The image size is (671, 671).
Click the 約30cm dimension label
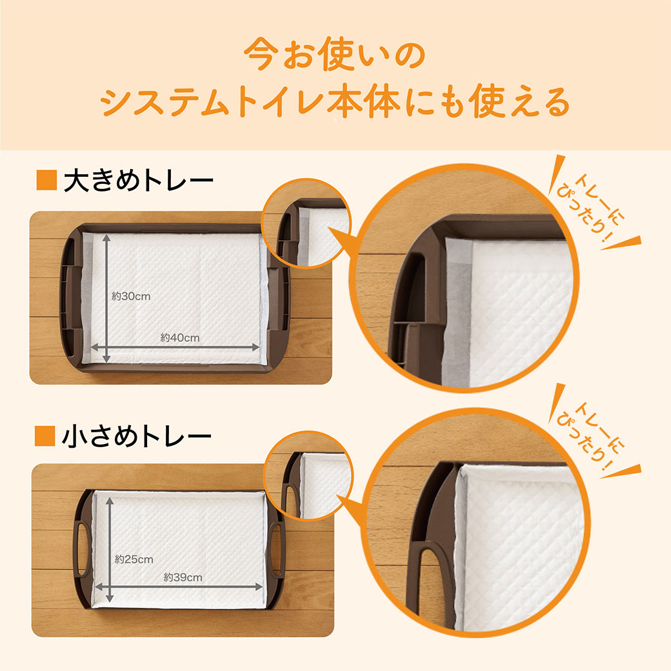click(x=131, y=296)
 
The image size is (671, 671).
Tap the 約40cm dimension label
click(x=180, y=337)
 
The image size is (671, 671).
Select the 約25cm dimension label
click(x=134, y=559)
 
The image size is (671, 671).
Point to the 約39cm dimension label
click(x=183, y=577)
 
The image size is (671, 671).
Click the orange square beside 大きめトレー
click(x=46, y=180)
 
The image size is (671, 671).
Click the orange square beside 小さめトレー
click(x=45, y=436)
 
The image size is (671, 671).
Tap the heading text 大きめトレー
click(x=138, y=181)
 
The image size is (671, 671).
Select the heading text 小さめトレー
click(x=137, y=437)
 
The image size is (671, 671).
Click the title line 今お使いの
click(x=335, y=54)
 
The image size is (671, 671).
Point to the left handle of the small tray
click(x=82, y=548)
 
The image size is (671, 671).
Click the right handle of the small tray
click(x=276, y=548)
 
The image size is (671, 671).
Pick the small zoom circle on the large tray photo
click(x=306, y=223)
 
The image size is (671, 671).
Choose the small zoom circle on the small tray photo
click(x=309, y=476)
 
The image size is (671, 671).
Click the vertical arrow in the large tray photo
click(x=106, y=298)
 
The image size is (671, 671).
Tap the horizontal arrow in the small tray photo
click(x=179, y=586)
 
